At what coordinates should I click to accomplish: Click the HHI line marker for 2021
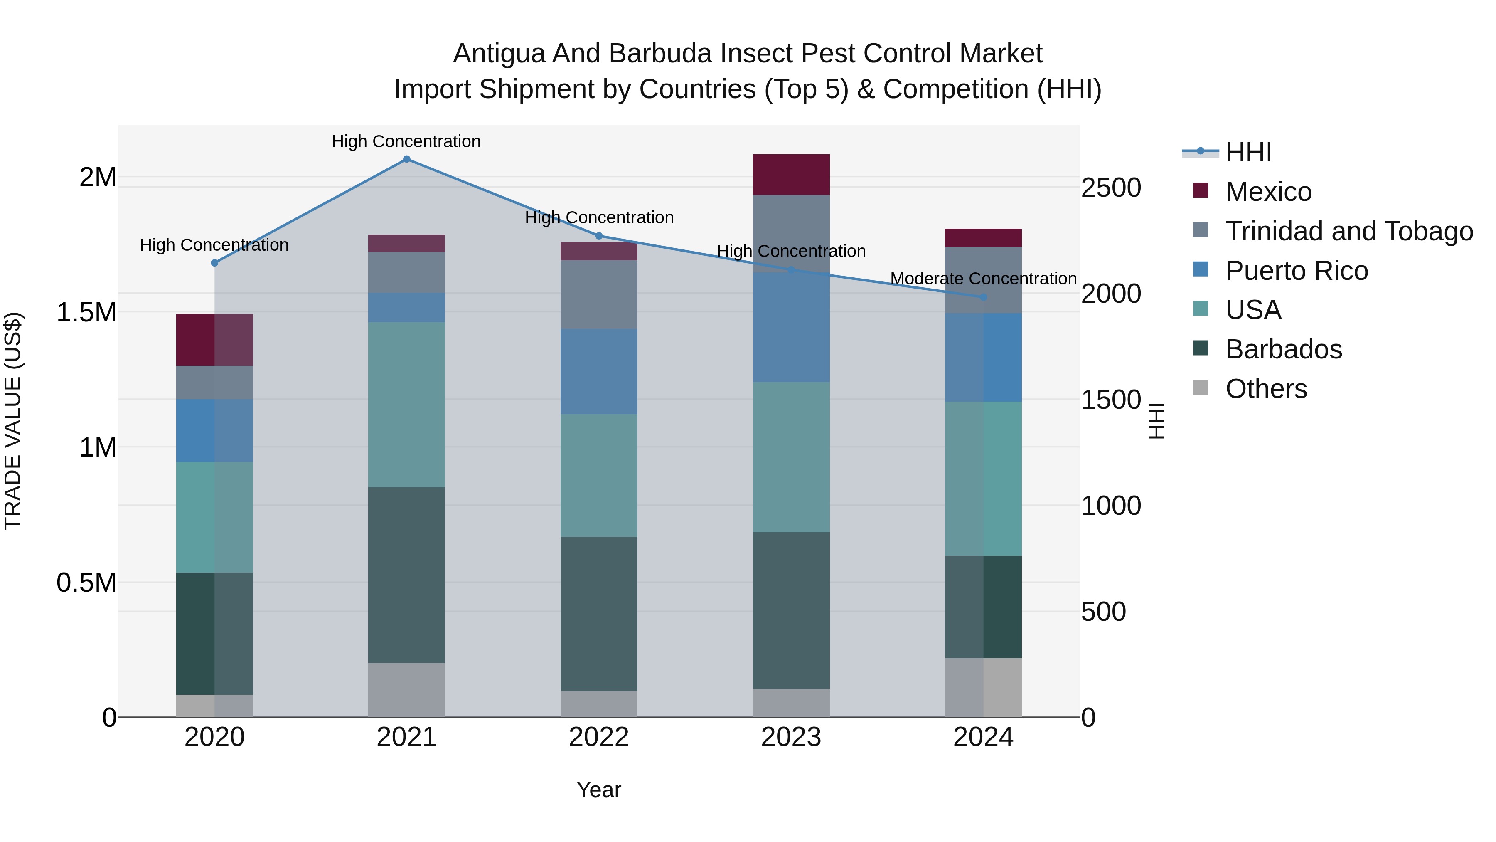[406, 159]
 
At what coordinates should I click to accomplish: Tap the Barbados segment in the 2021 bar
[406, 575]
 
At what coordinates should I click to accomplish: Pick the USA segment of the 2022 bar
[599, 475]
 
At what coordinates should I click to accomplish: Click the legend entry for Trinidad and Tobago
[1348, 231]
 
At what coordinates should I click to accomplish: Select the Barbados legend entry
[1284, 349]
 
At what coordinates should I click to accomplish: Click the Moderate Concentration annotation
[983, 279]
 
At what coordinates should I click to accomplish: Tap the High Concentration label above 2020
[214, 245]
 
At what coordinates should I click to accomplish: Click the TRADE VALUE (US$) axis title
[13, 421]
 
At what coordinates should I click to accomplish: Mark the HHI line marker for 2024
[983, 297]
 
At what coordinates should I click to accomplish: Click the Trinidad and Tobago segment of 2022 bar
[599, 295]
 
